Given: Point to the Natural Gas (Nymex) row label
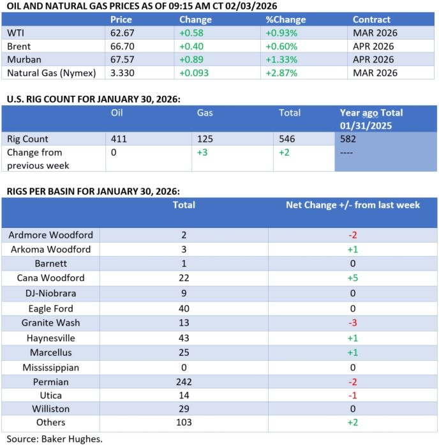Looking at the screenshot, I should (x=51, y=73).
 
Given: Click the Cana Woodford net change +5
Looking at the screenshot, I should (x=352, y=278).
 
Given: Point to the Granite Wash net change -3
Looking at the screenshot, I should (x=352, y=322).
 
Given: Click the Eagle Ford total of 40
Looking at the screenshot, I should (x=184, y=308).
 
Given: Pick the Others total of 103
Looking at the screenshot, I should (x=184, y=423).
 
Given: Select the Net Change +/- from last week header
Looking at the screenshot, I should (x=352, y=205).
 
